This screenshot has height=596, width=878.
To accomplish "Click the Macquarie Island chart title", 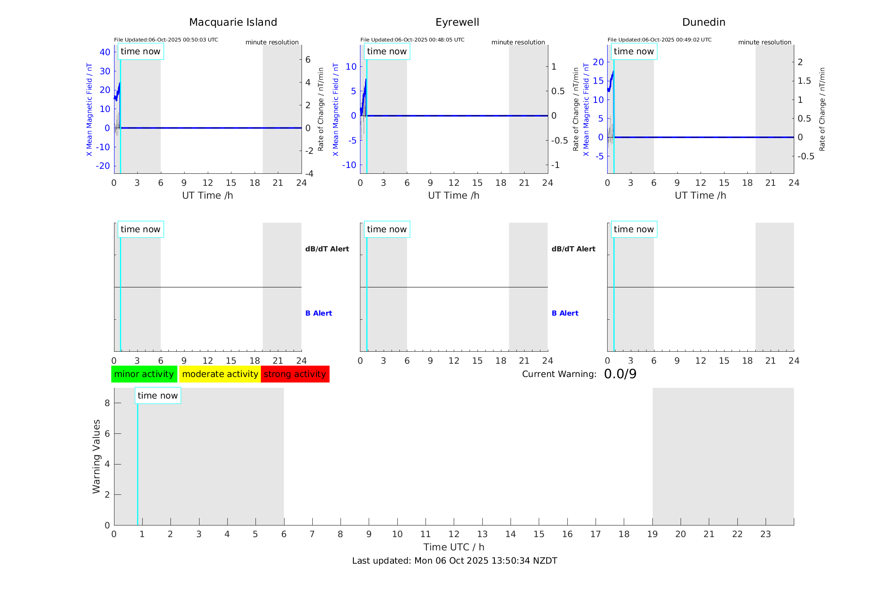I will [x=233, y=22].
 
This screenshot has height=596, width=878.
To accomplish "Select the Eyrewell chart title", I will [x=457, y=22].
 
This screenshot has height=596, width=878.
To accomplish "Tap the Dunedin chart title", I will [x=703, y=22].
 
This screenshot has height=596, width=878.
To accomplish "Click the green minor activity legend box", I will [x=144, y=374].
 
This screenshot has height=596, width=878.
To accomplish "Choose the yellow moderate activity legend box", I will [x=220, y=374].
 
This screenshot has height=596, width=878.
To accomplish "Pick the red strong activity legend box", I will [x=295, y=374].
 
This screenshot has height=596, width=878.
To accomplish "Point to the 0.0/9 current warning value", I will [x=620, y=374].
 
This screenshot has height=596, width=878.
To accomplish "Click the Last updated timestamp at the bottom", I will [x=455, y=561].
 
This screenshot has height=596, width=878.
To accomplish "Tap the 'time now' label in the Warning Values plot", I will [x=158, y=396].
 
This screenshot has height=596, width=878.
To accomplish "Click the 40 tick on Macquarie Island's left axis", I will [x=105, y=52].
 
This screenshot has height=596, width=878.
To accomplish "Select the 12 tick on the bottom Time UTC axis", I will [x=454, y=534].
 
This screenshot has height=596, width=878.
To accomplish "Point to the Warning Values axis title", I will [x=96, y=456].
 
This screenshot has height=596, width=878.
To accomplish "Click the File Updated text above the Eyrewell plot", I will [x=412, y=40].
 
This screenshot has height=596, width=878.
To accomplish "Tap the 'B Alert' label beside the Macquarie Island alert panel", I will [x=319, y=313].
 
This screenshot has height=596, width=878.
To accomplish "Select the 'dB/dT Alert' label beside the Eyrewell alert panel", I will [x=573, y=249].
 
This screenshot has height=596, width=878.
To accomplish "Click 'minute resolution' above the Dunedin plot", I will [x=764, y=42].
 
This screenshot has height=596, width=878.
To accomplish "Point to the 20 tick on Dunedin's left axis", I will [x=598, y=62].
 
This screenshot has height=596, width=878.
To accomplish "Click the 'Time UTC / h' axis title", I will [x=454, y=547].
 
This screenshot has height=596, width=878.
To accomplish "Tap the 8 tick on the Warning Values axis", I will [x=107, y=403].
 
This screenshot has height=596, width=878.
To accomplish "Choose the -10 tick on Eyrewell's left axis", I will [x=349, y=165].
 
